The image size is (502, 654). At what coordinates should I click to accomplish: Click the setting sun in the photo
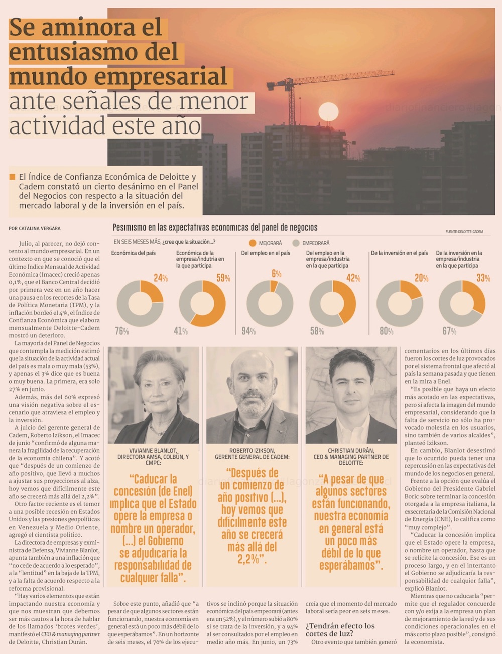pos(328,111)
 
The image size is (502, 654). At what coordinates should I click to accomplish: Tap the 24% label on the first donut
pos(161,278)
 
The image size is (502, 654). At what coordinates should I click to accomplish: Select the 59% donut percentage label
pos(223,278)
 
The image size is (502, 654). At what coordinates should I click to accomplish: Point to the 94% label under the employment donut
pos(248,331)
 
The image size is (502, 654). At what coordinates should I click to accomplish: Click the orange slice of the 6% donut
pos(274,286)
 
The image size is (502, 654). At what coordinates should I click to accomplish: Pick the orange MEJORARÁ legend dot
pos(253,243)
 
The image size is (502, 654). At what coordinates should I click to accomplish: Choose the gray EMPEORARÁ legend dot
pos(296,243)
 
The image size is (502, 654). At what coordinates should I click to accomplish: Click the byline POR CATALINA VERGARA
pos(35,228)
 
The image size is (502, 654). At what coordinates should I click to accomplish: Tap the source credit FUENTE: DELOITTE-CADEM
pos(464,231)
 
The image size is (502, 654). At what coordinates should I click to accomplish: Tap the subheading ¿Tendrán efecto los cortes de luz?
pos(340,629)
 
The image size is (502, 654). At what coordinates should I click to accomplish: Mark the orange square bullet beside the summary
pos(12,177)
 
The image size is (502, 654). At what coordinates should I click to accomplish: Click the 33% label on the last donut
pos(483,278)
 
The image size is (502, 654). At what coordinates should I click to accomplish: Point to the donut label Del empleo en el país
pos(266,253)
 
